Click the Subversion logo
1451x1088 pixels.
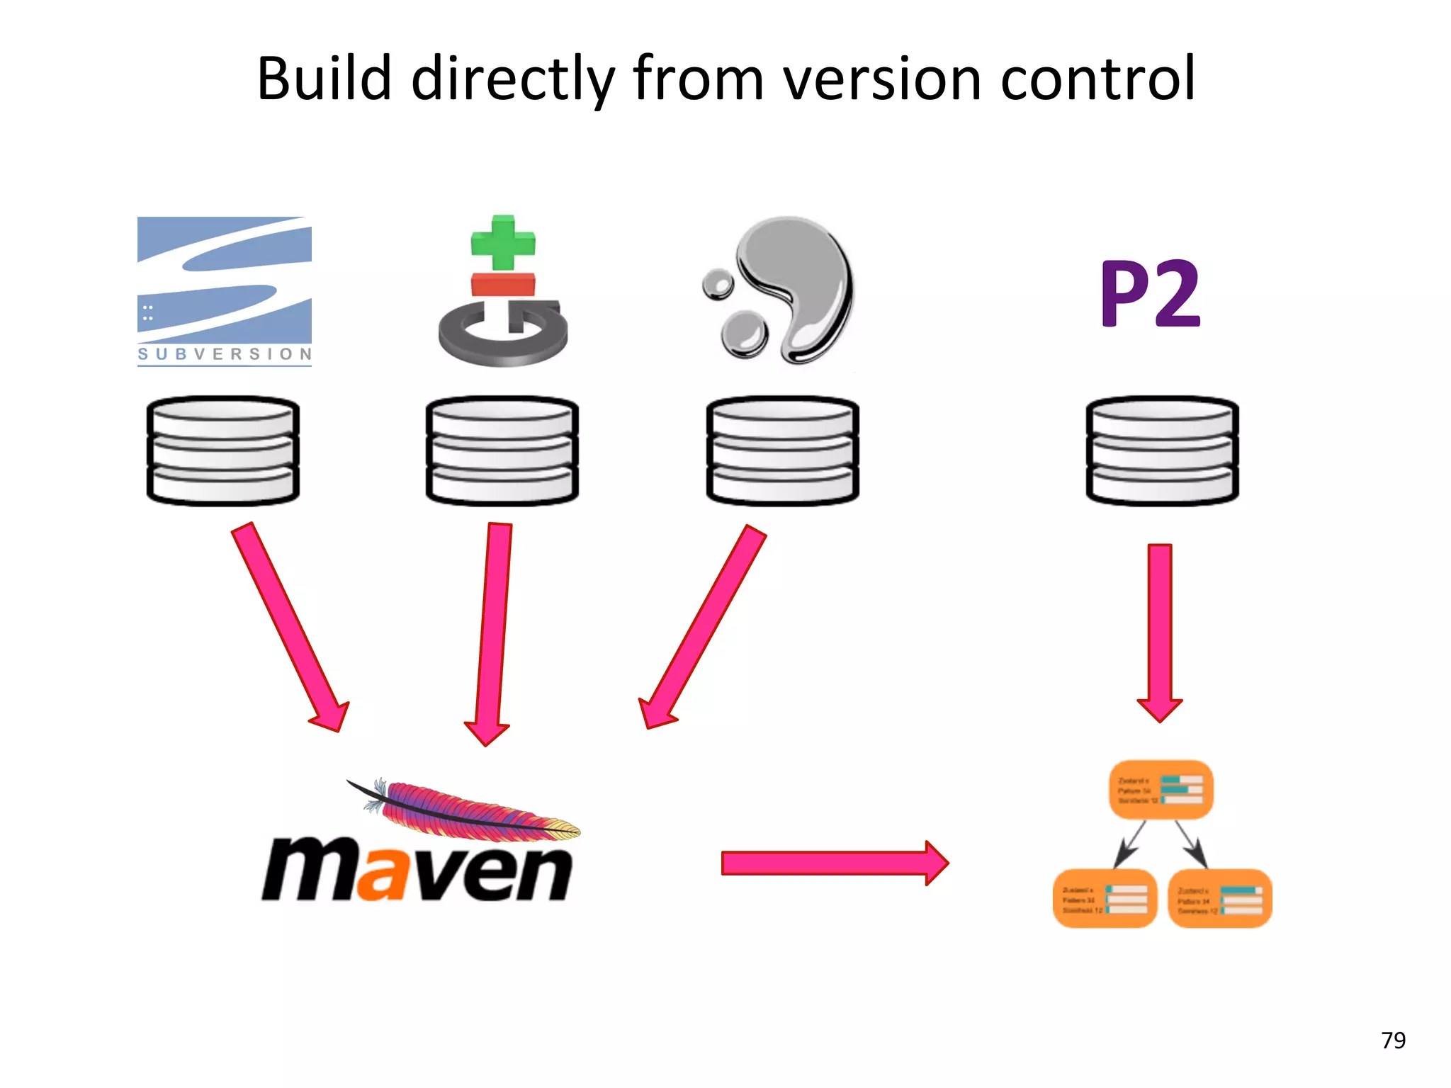[224, 290]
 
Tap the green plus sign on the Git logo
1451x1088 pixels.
[503, 243]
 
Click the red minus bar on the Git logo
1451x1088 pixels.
[503, 284]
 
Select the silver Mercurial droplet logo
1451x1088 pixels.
[786, 290]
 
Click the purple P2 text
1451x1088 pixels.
[1150, 293]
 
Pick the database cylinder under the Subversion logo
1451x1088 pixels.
[223, 450]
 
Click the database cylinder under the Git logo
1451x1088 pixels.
[502, 450]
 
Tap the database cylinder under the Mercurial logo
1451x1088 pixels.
[782, 450]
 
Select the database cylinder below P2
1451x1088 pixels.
[1162, 450]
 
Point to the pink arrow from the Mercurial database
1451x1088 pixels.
[705, 623]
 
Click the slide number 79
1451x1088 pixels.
[1393, 1040]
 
